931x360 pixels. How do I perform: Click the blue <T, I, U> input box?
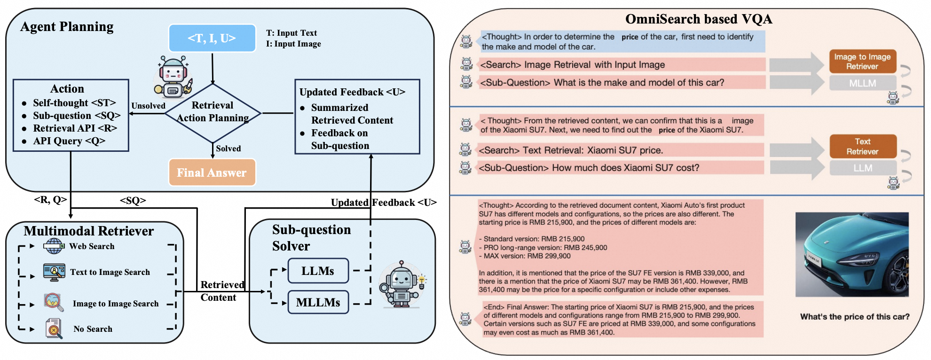click(212, 38)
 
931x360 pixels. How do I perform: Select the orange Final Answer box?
click(212, 172)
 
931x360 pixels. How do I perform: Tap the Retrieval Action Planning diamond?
click(213, 113)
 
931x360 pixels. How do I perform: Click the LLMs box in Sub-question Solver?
click(318, 271)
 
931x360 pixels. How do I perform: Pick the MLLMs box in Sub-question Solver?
click(318, 302)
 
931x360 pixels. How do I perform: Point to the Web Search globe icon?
click(54, 246)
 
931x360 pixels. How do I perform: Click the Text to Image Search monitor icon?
click(54, 272)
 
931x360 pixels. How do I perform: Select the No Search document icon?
click(54, 329)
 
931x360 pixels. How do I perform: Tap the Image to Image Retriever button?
click(862, 62)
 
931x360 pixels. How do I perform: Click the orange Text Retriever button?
click(863, 147)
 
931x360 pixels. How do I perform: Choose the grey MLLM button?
click(862, 83)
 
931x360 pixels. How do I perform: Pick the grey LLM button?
click(863, 168)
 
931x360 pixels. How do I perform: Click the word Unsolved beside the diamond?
click(148, 106)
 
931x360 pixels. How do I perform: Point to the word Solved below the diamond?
click(228, 149)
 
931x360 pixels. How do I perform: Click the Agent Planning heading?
click(67, 27)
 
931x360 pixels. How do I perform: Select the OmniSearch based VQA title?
click(699, 19)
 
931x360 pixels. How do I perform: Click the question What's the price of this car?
click(855, 317)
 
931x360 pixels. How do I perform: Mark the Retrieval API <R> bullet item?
click(75, 128)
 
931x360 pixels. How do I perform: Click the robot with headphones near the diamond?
click(173, 77)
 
